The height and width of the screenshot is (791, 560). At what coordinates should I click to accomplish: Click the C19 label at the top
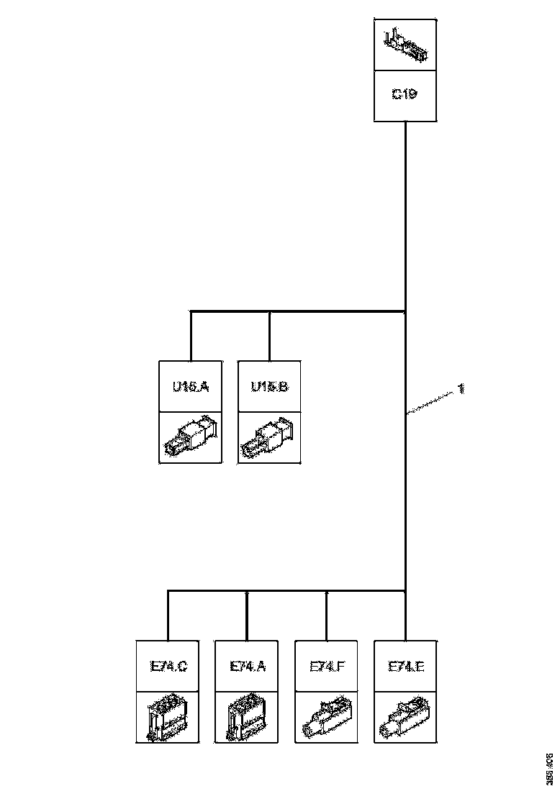(405, 94)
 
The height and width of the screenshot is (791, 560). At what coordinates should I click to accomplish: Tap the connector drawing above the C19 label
(405, 45)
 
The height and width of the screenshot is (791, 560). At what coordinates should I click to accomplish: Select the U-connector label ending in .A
(190, 387)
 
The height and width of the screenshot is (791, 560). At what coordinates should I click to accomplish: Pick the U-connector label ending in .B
(269, 387)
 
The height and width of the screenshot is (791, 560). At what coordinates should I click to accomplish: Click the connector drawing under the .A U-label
(190, 437)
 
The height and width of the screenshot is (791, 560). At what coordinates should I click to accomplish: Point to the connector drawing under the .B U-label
(269, 437)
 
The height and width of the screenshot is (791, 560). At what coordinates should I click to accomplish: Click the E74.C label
(168, 667)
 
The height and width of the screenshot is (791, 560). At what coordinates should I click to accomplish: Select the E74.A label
(248, 667)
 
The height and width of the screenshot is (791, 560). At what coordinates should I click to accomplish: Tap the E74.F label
(327, 667)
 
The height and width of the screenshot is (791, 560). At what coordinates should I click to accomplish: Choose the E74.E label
(406, 667)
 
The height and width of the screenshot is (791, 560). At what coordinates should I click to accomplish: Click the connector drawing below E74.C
(168, 718)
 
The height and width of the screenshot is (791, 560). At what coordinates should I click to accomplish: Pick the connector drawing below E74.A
(248, 718)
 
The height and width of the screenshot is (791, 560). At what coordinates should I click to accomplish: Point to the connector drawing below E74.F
(327, 718)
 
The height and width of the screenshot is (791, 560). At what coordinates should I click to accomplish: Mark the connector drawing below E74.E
(406, 718)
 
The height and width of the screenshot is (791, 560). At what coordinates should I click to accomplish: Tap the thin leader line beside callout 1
(432, 402)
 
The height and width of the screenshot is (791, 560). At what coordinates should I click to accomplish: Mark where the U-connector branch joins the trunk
(406, 311)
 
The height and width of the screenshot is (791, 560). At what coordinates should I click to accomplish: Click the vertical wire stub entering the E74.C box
(168, 616)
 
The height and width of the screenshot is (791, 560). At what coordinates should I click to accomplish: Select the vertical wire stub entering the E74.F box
(327, 616)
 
